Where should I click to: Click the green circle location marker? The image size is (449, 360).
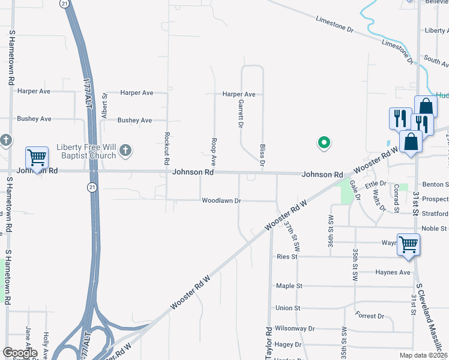click(x=324, y=143)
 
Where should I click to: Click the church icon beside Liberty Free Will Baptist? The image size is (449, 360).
click(x=125, y=150)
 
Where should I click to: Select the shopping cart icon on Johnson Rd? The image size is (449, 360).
click(x=37, y=158)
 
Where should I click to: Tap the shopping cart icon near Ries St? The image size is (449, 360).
click(x=408, y=245)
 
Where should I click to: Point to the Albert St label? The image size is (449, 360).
click(x=104, y=104)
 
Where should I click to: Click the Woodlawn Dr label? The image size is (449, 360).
click(x=221, y=200)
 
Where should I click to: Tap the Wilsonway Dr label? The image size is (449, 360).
click(x=294, y=329)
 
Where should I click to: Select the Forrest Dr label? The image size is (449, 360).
click(x=369, y=316)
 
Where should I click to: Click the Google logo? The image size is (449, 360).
click(x=19, y=353)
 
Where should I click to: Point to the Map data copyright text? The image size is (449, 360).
click(x=423, y=355)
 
